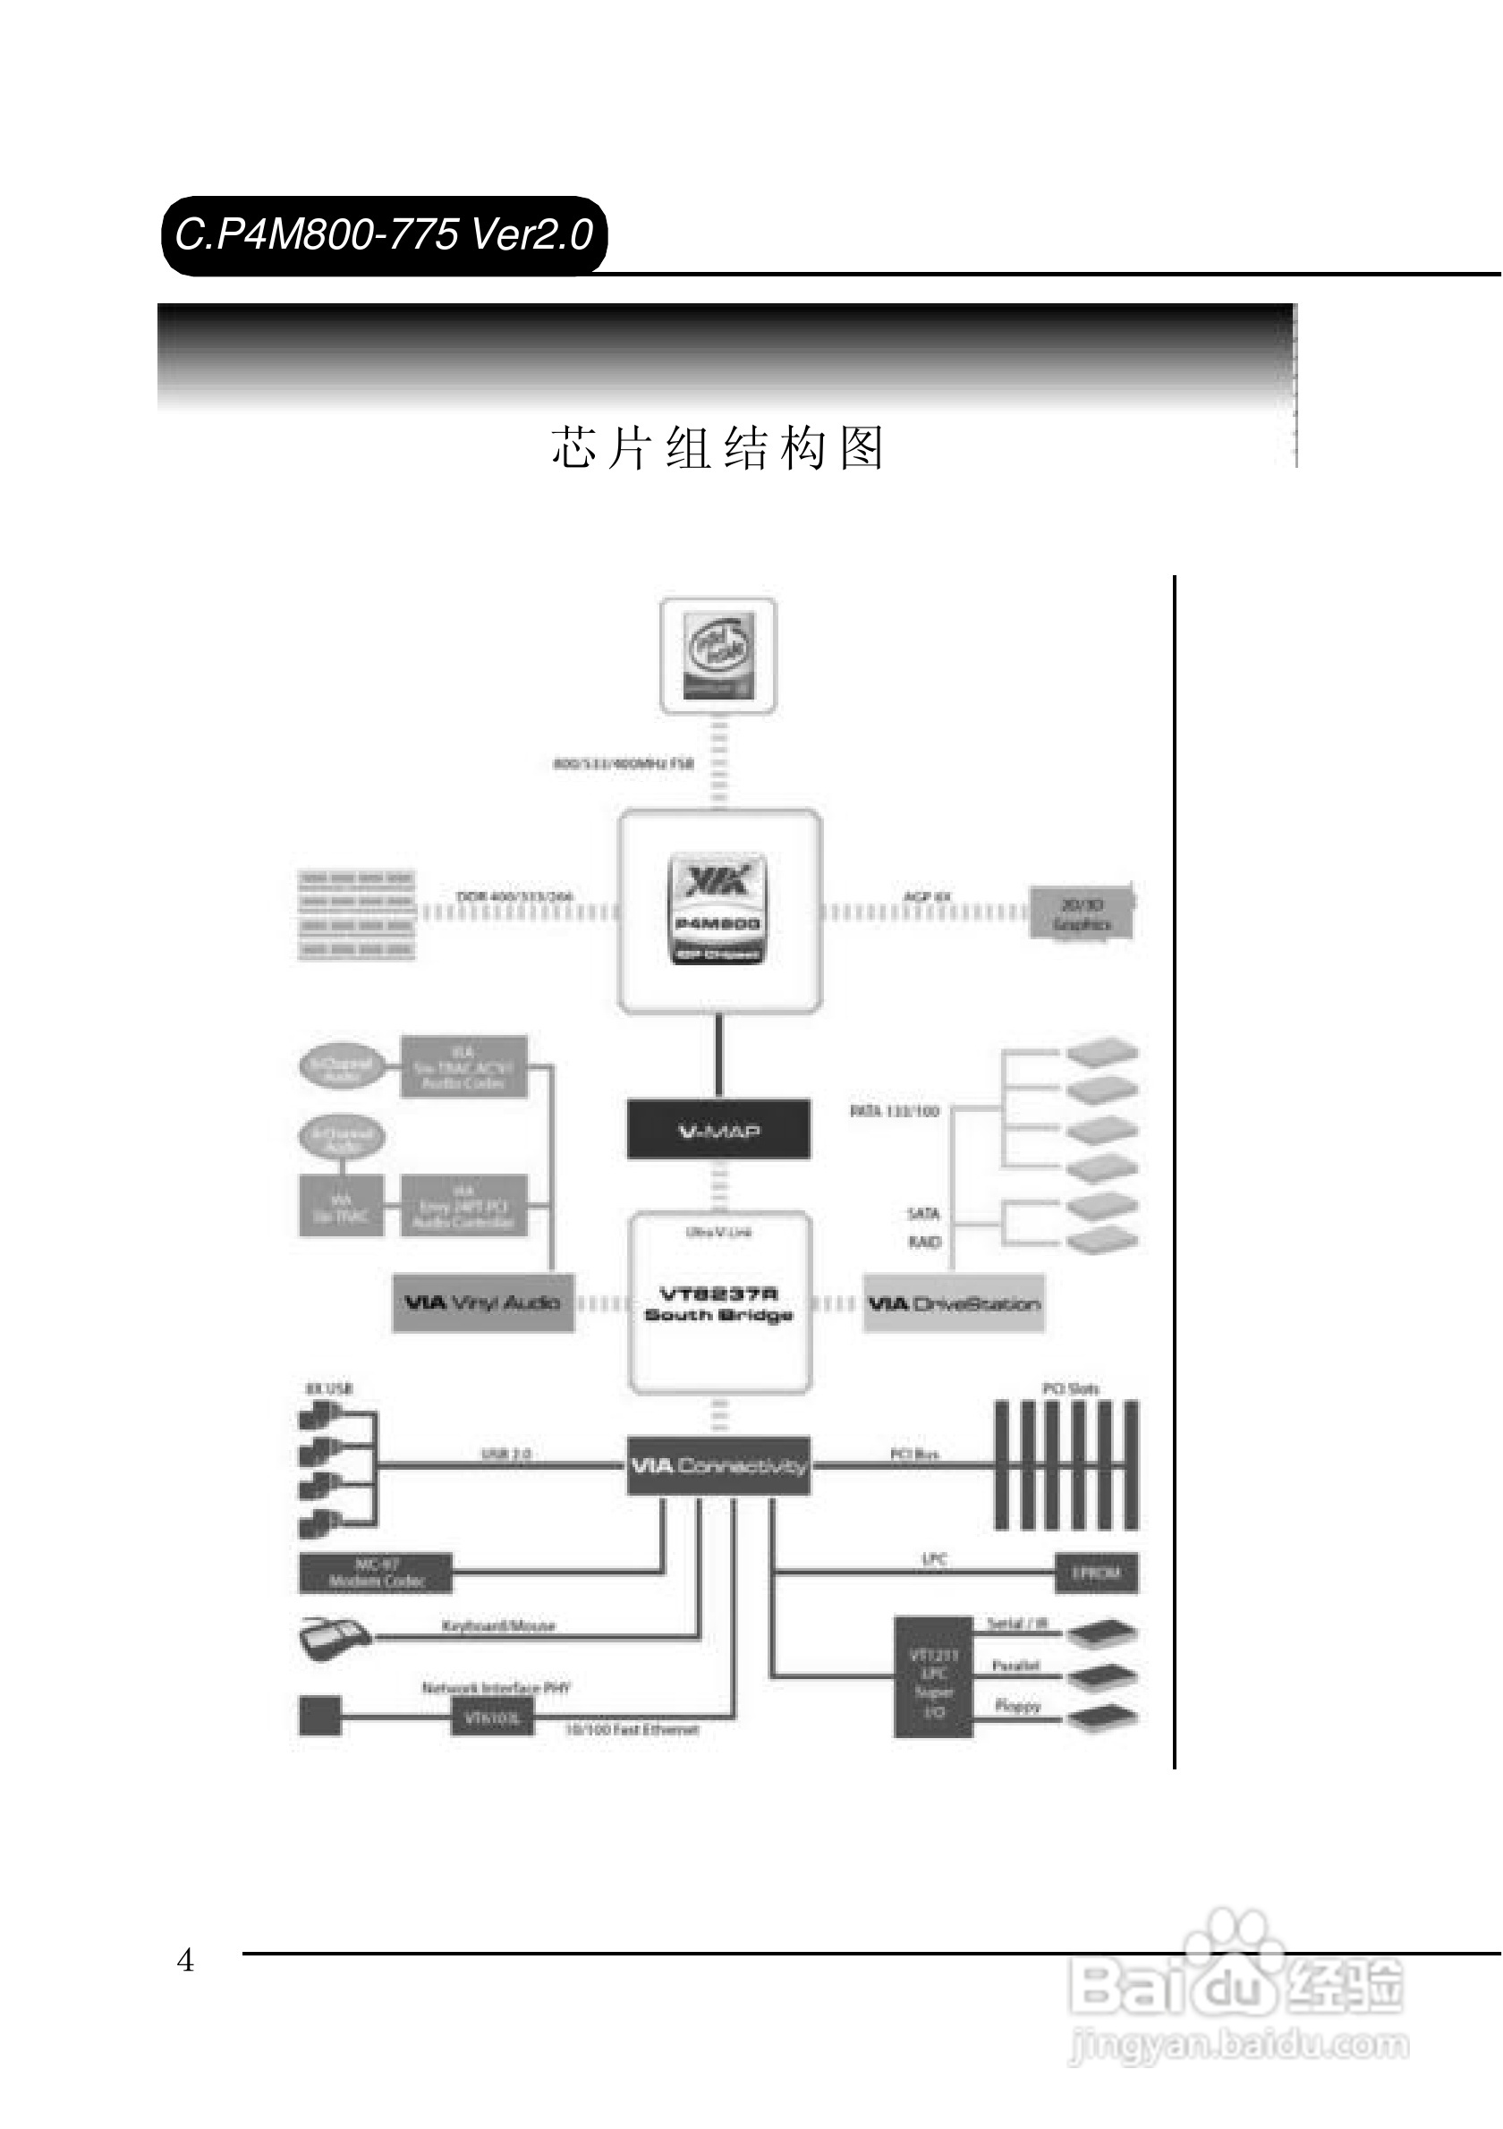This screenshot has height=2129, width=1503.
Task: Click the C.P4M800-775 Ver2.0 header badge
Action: (x=384, y=234)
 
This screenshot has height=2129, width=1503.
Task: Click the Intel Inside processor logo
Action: (x=718, y=656)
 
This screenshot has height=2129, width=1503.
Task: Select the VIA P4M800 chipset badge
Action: (x=718, y=910)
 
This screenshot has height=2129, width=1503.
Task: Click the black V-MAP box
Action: (x=718, y=1130)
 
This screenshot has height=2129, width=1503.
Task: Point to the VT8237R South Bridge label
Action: (x=718, y=1303)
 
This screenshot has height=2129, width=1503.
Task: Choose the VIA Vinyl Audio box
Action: (x=482, y=1302)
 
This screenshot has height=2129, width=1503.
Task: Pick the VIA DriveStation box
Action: (x=953, y=1303)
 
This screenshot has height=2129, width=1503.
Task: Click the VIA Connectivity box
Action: (x=718, y=1466)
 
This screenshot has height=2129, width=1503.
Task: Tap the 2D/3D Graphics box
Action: (x=1082, y=913)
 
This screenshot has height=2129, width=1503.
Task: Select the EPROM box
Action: (x=1097, y=1573)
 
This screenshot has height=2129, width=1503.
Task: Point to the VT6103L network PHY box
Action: (x=492, y=1718)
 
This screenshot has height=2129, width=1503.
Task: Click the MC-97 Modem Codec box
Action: (x=376, y=1573)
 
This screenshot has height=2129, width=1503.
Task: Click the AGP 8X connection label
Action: (x=927, y=896)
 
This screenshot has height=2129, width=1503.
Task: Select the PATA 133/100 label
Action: (x=895, y=1111)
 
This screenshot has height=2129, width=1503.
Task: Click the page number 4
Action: (x=185, y=1960)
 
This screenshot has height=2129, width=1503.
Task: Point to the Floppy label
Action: (x=1018, y=1705)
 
